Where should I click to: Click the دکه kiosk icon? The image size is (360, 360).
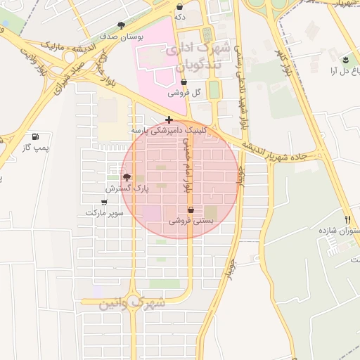(x=180, y=6)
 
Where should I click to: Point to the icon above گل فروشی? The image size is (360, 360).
(x=184, y=82)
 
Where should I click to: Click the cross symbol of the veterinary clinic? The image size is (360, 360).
(x=169, y=120)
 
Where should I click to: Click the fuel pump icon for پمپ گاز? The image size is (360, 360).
(x=36, y=136)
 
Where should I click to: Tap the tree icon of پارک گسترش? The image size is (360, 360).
(x=127, y=178)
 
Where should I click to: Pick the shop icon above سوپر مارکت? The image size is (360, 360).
(x=104, y=202)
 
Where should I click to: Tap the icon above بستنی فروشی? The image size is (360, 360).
(x=191, y=210)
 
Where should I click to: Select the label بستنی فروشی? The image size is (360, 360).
(x=191, y=221)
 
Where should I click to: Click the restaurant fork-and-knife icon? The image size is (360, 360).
(x=347, y=220)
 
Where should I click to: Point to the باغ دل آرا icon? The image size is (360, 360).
(x=345, y=60)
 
